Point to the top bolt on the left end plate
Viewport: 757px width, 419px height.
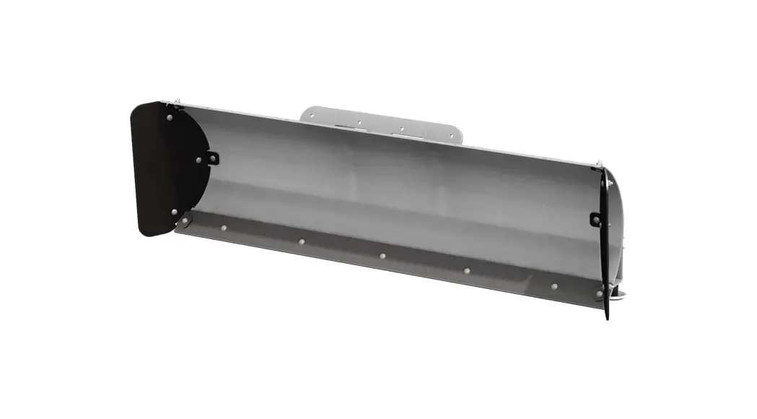(x=169, y=116)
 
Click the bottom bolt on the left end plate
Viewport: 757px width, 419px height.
(x=173, y=212)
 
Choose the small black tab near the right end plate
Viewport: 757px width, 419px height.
(x=595, y=218)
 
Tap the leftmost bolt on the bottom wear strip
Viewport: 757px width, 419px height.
(x=186, y=220)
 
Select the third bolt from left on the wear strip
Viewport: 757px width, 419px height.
(x=301, y=241)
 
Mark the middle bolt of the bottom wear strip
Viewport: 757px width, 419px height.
(x=382, y=255)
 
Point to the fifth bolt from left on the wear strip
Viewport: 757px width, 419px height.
(x=467, y=271)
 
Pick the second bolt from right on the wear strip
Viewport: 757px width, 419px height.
(x=553, y=286)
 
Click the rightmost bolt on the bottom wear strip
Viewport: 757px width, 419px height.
(x=598, y=294)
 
